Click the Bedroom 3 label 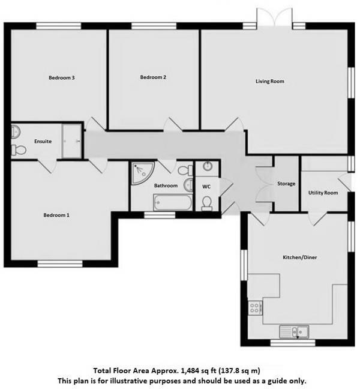[x=61, y=77]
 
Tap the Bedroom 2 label [x=153, y=77]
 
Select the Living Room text [x=270, y=81]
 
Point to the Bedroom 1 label [x=56, y=214]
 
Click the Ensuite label [x=43, y=142]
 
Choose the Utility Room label [x=323, y=193]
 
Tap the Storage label [x=286, y=183]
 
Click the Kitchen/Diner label [x=300, y=258]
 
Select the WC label [x=206, y=187]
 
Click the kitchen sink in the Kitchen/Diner [x=294, y=331]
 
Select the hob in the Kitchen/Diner [x=254, y=307]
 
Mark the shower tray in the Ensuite [x=71, y=142]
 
